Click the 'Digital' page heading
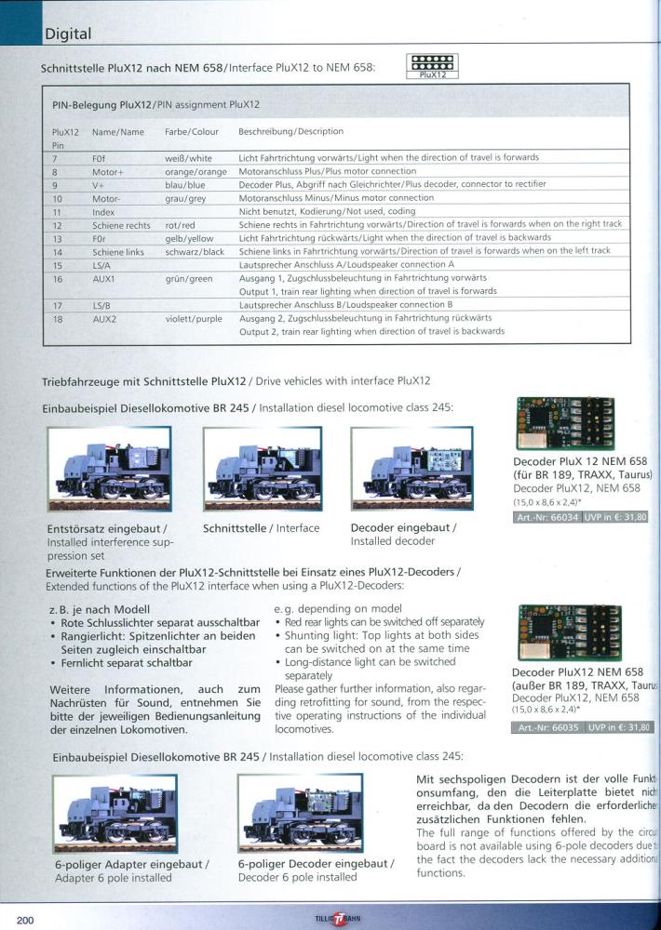point(68,34)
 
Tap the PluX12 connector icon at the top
point(433,66)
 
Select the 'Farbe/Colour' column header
point(191,132)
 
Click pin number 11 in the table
point(57,212)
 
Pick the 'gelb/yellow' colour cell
point(188,238)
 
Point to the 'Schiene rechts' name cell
point(121,225)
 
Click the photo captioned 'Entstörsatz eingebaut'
point(110,471)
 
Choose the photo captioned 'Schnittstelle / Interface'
point(262,471)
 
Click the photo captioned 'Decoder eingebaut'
point(411,471)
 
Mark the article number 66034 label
point(547,517)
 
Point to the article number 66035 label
point(547,728)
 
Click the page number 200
point(25,920)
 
